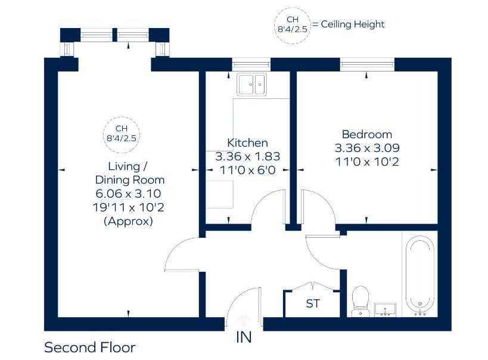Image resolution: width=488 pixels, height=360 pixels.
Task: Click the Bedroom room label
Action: coord(366,134)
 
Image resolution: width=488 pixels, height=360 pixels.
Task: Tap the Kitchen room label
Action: coord(247,143)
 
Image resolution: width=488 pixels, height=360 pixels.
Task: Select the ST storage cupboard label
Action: coord(313,304)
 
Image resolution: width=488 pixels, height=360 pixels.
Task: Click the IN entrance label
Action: coord(244,337)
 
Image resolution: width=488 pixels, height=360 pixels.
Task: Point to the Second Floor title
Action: coord(90,347)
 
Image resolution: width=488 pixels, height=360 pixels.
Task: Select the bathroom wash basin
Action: coord(387,309)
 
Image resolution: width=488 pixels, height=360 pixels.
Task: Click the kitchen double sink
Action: coord(252,85)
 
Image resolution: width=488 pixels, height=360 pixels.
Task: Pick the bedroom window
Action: coord(367,64)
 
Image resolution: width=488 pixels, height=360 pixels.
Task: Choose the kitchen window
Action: coord(251,64)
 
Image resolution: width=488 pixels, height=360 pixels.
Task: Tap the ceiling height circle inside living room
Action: coord(122,133)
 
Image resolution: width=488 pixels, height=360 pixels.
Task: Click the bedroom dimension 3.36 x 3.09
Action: coord(366,148)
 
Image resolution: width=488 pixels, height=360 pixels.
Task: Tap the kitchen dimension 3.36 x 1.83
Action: coord(247,156)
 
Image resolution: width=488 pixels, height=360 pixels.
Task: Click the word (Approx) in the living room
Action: coord(129,221)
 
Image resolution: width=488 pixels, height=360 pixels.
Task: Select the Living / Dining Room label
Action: coord(128,173)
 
